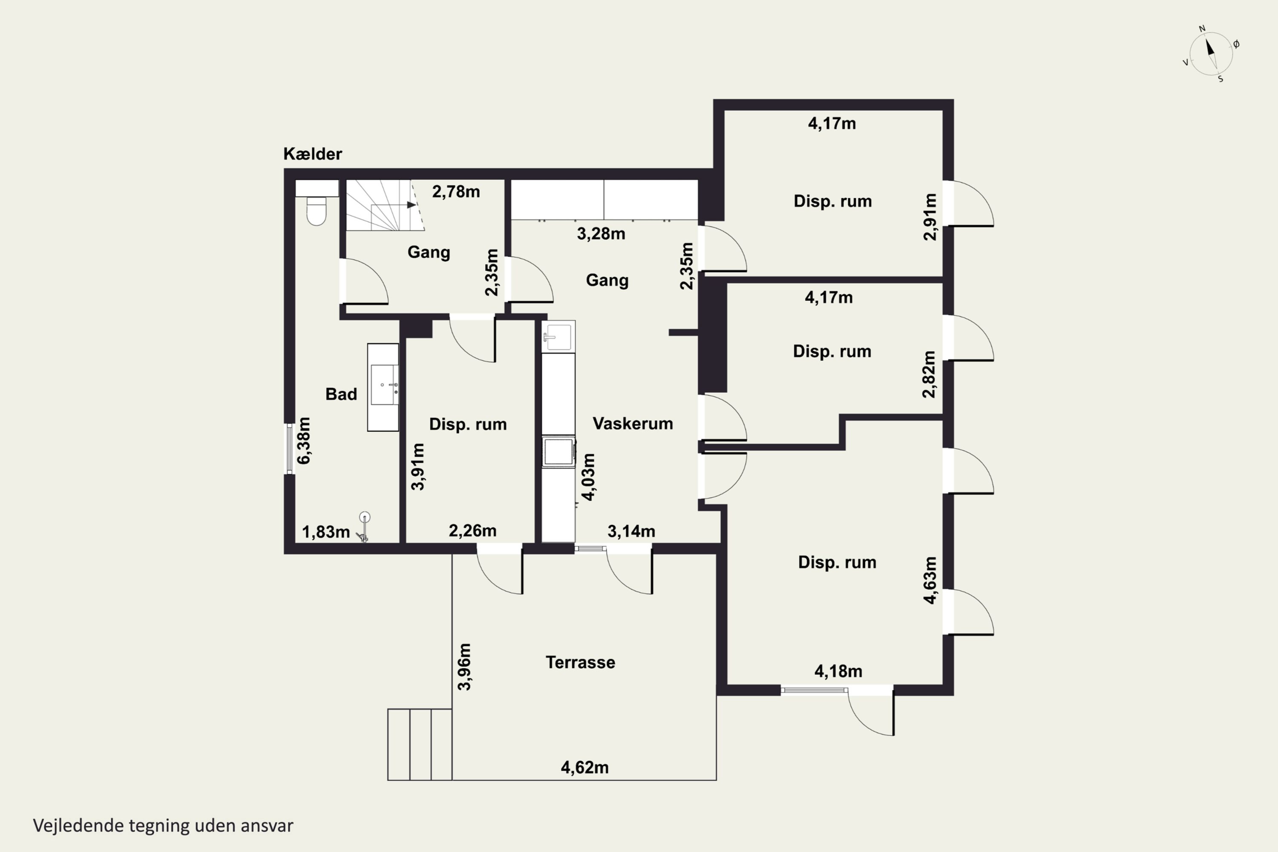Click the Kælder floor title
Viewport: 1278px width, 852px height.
click(x=312, y=154)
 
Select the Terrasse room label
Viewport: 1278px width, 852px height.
click(x=580, y=662)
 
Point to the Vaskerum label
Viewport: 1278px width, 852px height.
click(x=633, y=423)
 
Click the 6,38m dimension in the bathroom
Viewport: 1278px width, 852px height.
click(x=304, y=440)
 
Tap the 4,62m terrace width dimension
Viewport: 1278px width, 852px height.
click(x=584, y=767)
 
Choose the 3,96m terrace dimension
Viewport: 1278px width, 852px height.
click(x=465, y=667)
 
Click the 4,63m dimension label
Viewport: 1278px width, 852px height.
click(x=930, y=580)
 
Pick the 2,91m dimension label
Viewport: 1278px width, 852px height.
click(x=930, y=216)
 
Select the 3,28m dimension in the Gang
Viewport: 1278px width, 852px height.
click(x=601, y=233)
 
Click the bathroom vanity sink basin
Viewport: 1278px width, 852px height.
click(x=385, y=385)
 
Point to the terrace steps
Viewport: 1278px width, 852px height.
click(x=420, y=744)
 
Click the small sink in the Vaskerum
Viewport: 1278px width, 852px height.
click(x=558, y=337)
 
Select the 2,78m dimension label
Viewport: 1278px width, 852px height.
click(x=456, y=191)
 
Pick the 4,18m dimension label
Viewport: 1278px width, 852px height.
click(x=838, y=671)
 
